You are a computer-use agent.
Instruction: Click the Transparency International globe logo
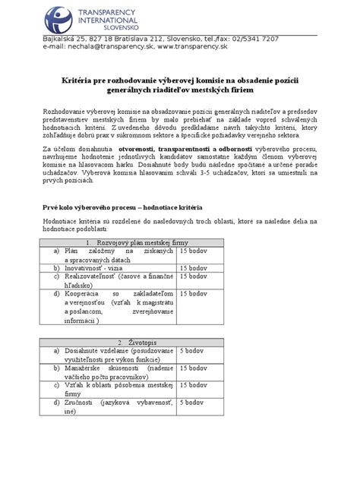point(58,17)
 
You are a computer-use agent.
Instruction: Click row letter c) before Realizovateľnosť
point(56,276)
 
